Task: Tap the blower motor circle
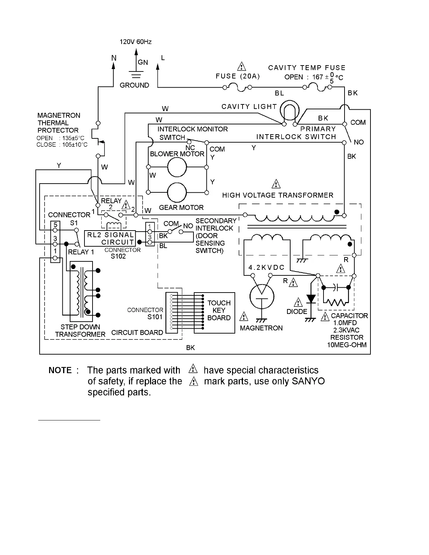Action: (177, 167)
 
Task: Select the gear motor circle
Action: (177, 192)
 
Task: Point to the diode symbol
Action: (311, 299)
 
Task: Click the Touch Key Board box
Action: (214, 313)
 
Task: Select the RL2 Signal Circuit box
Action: (110, 238)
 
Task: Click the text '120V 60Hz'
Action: (136, 42)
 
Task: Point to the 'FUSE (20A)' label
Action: (238, 76)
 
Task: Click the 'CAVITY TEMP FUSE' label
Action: (307, 68)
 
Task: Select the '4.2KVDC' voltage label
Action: (266, 268)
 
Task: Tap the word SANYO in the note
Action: (308, 381)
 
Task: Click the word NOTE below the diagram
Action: (60, 370)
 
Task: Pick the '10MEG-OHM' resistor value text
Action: (347, 345)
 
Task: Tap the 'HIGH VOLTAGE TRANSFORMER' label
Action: (278, 195)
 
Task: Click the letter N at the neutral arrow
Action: (114, 58)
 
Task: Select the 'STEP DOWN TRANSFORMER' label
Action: (80, 331)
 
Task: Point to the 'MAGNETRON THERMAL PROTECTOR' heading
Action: (59, 123)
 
